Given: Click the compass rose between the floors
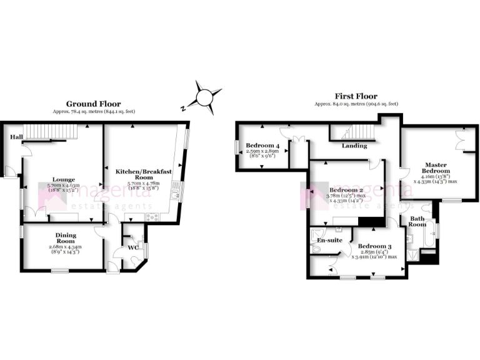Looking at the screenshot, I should (204, 97).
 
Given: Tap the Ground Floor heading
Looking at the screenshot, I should (94, 104).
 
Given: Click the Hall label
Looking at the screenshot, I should (14, 137).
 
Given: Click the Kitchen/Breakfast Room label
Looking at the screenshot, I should (139, 174).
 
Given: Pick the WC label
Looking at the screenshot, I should (132, 246).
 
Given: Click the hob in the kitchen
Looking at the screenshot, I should (151, 217).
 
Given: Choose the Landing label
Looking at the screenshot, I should (354, 146).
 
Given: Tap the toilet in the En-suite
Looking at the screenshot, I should (316, 249).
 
